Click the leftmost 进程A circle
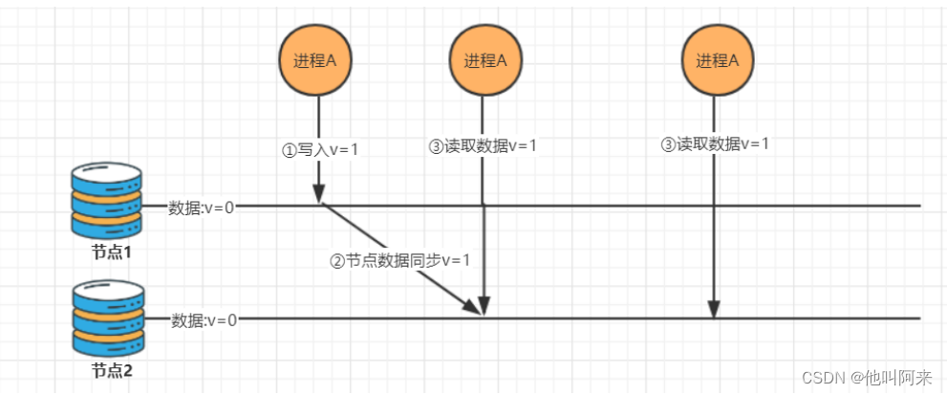coord(314,59)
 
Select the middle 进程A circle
coord(484,59)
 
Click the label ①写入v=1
coord(320,149)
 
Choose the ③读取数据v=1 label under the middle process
coord(483,146)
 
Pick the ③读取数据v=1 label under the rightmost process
coord(716,144)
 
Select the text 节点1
coord(110,253)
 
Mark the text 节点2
coord(111,369)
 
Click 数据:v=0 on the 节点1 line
coord(202,207)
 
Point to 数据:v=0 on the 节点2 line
coord(204,319)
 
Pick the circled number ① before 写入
coord(288,149)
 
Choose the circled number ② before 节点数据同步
coord(336,261)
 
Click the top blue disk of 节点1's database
coord(106,178)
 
